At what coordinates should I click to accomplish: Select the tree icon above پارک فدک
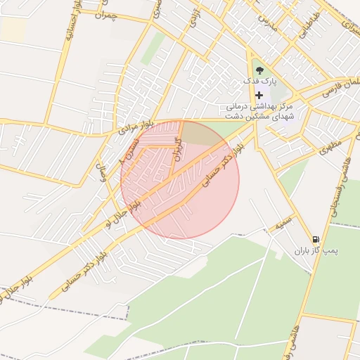(259, 70)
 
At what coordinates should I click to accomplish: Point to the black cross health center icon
(259, 95)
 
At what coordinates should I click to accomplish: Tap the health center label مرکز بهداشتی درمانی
(259, 105)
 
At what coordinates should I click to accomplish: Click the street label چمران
(103, 15)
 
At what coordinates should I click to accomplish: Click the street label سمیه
(283, 224)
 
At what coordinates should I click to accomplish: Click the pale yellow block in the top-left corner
(13, 29)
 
